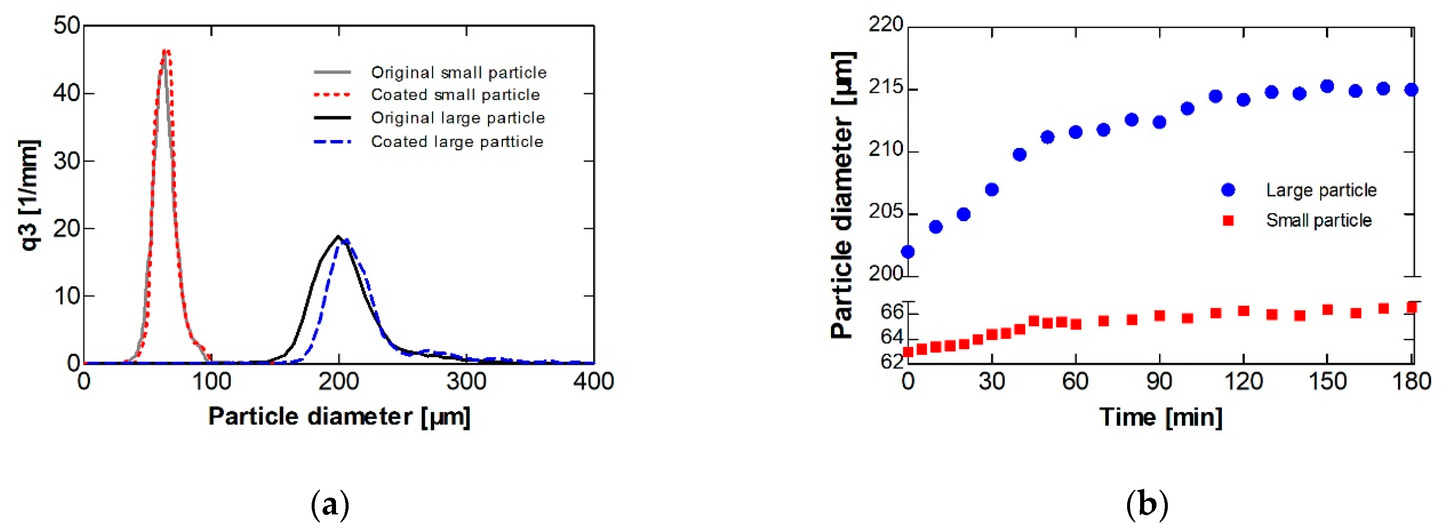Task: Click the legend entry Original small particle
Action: (458, 73)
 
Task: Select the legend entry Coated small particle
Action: (455, 94)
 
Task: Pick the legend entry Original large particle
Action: (458, 118)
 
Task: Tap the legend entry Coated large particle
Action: (456, 142)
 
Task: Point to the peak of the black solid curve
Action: (338, 236)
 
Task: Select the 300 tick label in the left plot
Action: (466, 382)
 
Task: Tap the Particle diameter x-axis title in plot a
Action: (339, 417)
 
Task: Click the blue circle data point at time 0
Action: (908, 252)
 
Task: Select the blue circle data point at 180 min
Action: (1411, 89)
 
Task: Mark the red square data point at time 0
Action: (908, 352)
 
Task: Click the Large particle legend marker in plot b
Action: (1228, 190)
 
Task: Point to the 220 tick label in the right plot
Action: (886, 25)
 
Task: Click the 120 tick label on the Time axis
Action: (1243, 382)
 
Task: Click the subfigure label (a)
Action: (330, 504)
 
